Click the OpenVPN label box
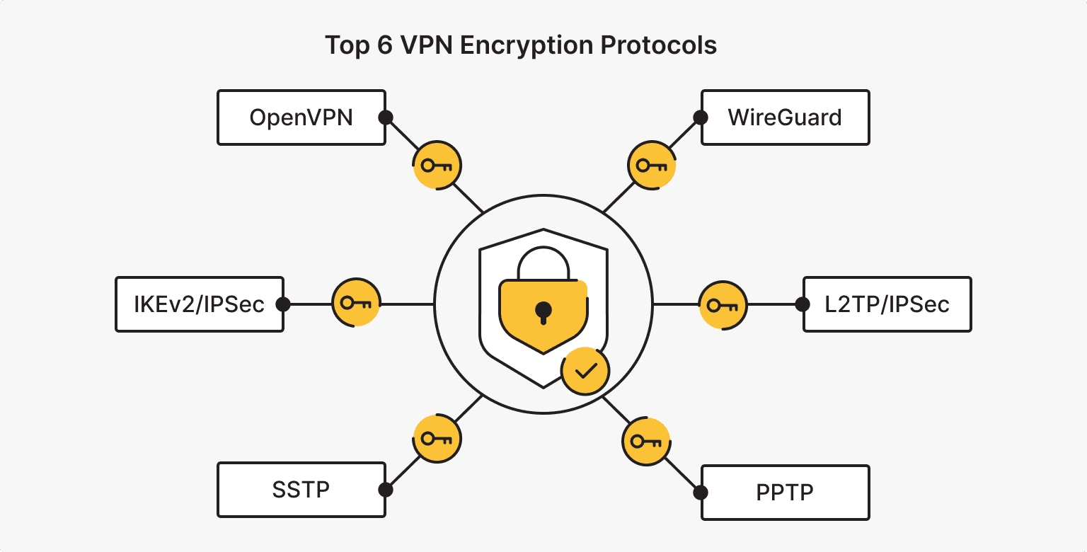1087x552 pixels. pyautogui.click(x=301, y=117)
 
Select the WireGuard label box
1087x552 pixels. pyautogui.click(x=785, y=117)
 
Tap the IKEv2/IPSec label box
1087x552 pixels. pyautogui.click(x=199, y=304)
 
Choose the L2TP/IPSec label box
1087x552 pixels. pyautogui.click(x=887, y=304)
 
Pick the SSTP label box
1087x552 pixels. pyautogui.click(x=301, y=490)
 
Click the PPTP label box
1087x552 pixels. pyautogui.click(x=785, y=492)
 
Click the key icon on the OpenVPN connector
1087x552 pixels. pyautogui.click(x=437, y=166)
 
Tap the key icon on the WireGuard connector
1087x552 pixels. pyautogui.click(x=652, y=166)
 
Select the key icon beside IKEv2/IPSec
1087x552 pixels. pyautogui.click(x=356, y=304)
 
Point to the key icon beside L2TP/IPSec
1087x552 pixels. pyautogui.click(x=723, y=306)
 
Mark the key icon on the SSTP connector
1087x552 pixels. pyautogui.click(x=437, y=439)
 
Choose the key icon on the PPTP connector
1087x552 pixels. pyautogui.click(x=646, y=442)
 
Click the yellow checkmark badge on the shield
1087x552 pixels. pyautogui.click(x=585, y=371)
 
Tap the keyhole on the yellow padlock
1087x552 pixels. pyautogui.click(x=543, y=311)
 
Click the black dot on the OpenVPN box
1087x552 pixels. pyautogui.click(x=386, y=117)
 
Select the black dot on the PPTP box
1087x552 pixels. pyautogui.click(x=701, y=492)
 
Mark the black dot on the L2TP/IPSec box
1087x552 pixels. pyautogui.click(x=803, y=304)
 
